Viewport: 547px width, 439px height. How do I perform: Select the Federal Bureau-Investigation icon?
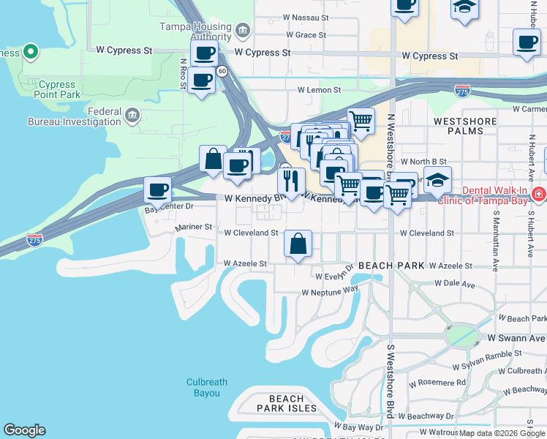coord(132,116)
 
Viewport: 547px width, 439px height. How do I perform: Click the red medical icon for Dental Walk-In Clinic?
coord(538,194)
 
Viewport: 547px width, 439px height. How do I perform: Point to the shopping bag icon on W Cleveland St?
coord(298,244)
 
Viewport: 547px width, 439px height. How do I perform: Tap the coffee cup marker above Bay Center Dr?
coord(157,190)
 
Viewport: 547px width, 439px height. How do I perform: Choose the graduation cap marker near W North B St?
coord(437,179)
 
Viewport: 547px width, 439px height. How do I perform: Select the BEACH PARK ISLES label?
coord(287,408)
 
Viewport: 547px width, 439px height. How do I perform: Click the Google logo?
coord(24,430)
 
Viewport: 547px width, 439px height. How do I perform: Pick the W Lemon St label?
coord(319,90)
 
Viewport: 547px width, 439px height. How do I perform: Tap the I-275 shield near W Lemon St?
coord(461,91)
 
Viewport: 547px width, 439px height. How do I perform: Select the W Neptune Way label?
coord(331,290)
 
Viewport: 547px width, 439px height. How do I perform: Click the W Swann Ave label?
coord(522,338)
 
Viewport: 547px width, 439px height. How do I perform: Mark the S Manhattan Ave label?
coord(495,241)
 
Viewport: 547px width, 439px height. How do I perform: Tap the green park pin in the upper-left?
coord(30,53)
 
